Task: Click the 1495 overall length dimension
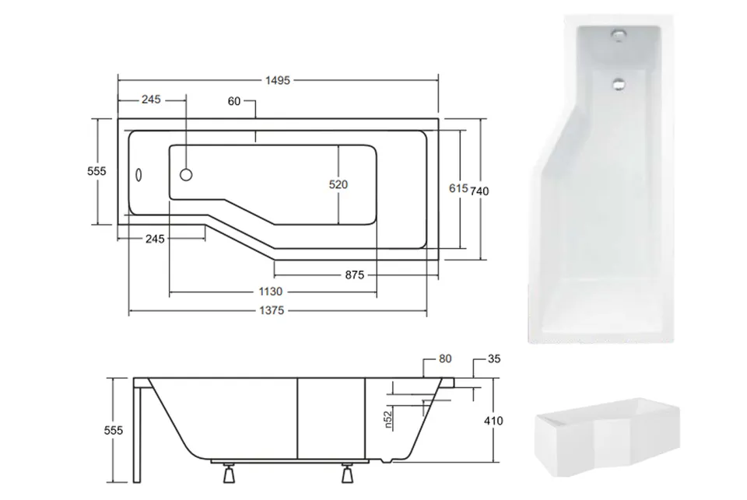[278, 80]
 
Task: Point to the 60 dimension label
[234, 101]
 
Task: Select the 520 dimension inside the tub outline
[338, 184]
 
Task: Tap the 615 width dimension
[458, 188]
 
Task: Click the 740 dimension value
[480, 191]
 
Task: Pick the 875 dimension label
[355, 274]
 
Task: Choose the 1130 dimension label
[271, 292]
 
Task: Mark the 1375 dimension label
[272, 310]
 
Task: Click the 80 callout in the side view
[445, 358]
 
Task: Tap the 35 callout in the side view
[494, 358]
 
